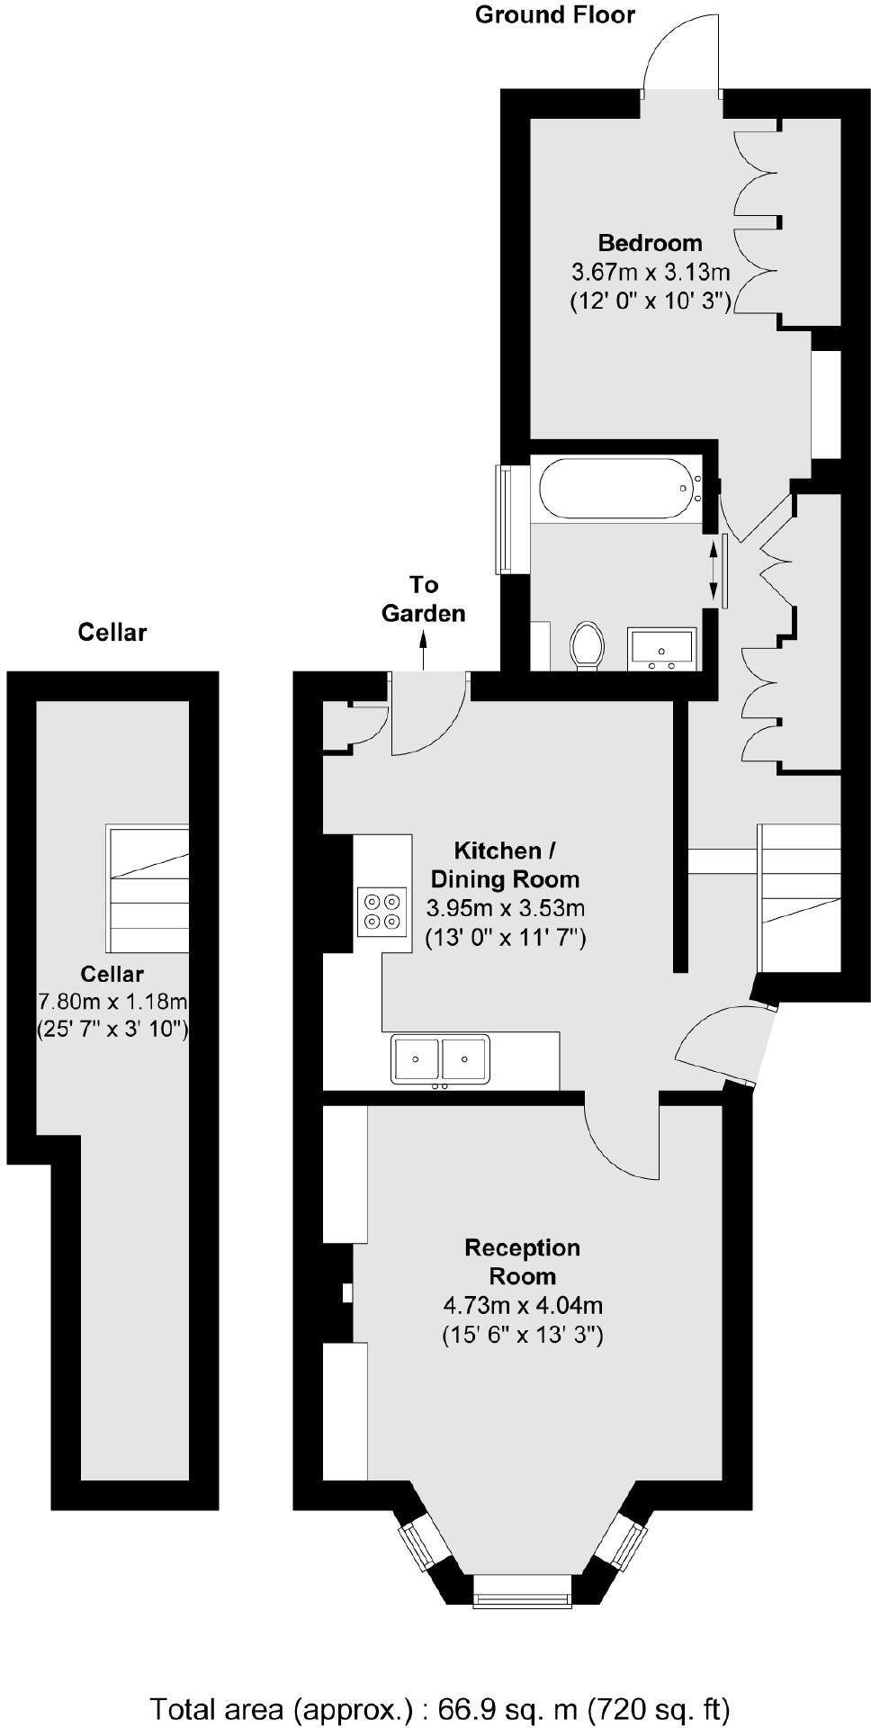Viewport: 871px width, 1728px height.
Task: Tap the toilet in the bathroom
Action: pos(587,646)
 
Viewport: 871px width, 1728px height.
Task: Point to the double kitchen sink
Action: pos(440,1058)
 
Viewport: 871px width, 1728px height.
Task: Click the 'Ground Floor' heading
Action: pos(554,15)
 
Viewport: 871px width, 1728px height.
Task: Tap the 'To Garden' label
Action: pos(424,599)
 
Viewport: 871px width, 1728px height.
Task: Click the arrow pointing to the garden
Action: pos(424,650)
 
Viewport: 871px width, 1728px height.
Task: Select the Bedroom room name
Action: pos(650,243)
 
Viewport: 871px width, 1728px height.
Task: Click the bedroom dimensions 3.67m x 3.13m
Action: pos(650,271)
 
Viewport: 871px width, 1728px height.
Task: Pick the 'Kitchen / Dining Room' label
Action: pos(505,865)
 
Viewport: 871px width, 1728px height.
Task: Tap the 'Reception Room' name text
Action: pos(523,1262)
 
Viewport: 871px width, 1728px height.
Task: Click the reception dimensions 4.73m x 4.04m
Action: pos(523,1305)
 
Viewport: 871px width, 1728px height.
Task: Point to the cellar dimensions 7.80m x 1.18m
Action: pos(112,1001)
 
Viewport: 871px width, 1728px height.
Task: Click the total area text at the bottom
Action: pos(439,1707)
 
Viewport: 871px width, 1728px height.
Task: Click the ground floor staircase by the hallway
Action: pos(800,897)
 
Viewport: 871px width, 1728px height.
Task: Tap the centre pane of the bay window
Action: pos(523,1588)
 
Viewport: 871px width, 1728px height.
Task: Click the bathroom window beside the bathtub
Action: pos(504,519)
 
